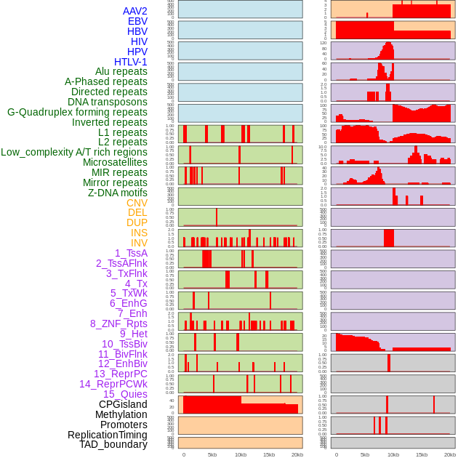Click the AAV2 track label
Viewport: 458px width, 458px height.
coord(135,11)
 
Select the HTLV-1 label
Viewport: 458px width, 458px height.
coord(130,62)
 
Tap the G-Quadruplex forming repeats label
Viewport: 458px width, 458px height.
coord(77,112)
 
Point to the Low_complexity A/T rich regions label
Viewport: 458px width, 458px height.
coord(74,152)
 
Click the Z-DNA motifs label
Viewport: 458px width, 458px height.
coord(117,193)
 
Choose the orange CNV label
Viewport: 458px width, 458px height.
coord(137,203)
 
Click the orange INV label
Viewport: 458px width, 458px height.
coord(139,243)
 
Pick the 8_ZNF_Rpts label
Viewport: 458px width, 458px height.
coord(118,324)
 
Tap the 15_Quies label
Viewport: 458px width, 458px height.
coord(125,394)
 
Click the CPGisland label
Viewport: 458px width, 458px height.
coord(123,404)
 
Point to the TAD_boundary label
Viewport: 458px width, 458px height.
coord(113,444)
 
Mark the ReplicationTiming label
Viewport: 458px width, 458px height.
coord(108,435)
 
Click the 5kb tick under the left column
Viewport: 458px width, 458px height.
coord(212,454)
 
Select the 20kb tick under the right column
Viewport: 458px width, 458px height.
coord(450,454)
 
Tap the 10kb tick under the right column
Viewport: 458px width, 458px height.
coord(393,454)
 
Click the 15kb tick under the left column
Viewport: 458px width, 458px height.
coord(269,454)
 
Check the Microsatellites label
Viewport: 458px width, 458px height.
coord(115,162)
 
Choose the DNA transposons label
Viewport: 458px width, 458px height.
coord(108,102)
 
